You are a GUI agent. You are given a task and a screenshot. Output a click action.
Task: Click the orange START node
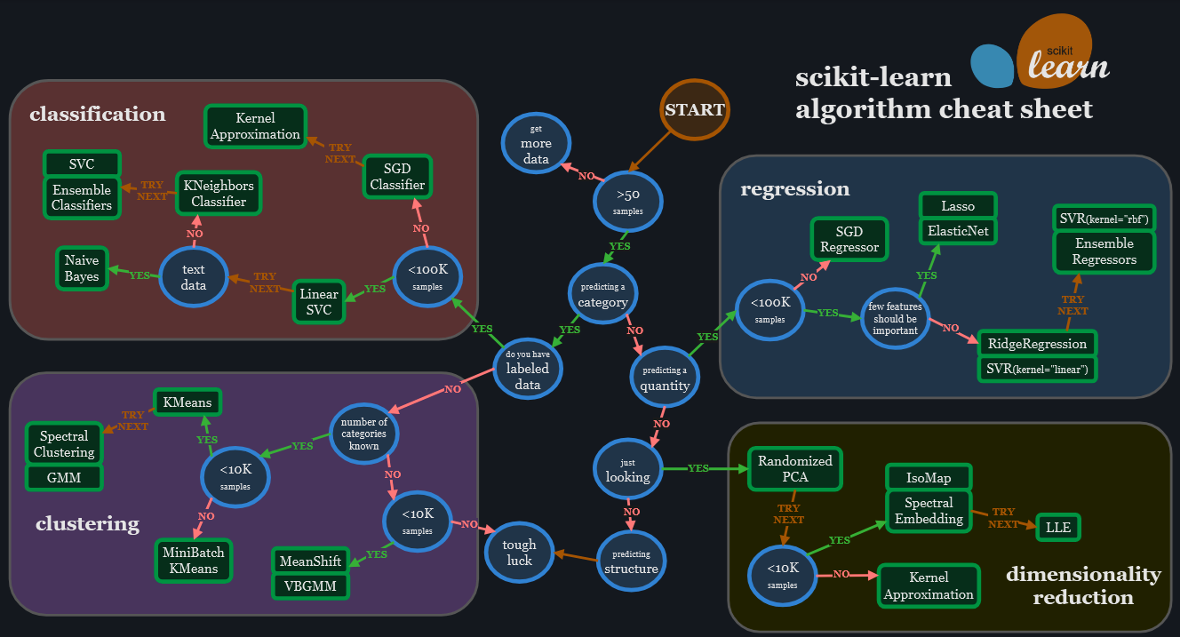tap(694, 110)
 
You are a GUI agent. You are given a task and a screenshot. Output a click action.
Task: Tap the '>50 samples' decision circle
tap(627, 202)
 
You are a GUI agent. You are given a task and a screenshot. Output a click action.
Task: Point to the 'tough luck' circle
tap(519, 553)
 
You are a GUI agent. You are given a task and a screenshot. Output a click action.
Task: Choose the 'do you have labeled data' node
tap(528, 370)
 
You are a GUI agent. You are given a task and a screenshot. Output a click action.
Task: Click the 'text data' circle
tap(193, 277)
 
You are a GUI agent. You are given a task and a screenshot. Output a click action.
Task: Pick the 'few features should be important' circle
tap(894, 318)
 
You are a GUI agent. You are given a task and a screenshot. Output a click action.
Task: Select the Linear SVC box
tap(318, 302)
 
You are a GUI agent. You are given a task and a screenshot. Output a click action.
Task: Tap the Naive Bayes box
tap(82, 268)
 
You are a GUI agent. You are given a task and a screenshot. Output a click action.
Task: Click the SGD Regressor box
tap(849, 240)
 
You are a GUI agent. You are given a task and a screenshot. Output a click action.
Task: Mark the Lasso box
tap(958, 206)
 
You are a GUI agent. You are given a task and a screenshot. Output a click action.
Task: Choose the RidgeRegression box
tap(1037, 344)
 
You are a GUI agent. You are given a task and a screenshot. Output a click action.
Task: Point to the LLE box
tap(1058, 527)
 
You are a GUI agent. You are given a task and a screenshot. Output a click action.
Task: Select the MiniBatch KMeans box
tap(194, 560)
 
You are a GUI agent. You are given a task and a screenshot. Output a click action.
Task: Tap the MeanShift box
tap(310, 561)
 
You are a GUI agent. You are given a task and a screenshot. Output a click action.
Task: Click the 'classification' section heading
tap(97, 115)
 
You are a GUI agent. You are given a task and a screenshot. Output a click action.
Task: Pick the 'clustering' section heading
tap(87, 524)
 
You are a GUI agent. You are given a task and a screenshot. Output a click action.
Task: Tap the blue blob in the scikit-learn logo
tap(992, 67)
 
